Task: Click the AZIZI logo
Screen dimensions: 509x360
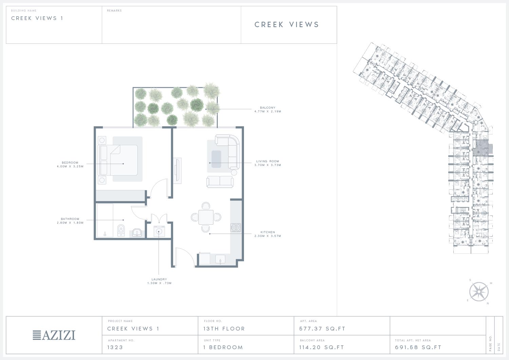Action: point(54,335)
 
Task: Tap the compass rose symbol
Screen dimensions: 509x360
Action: point(479,292)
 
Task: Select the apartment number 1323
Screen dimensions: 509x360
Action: point(115,347)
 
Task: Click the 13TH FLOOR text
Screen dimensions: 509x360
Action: point(224,329)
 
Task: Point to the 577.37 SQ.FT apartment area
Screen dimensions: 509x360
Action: point(322,329)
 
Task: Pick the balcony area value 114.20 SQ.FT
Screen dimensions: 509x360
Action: point(322,347)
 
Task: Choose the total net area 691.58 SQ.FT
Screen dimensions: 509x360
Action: point(418,347)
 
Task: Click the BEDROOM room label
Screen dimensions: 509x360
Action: point(70,163)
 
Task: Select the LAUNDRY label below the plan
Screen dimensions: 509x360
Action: point(159,279)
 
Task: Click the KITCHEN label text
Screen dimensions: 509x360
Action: point(268,232)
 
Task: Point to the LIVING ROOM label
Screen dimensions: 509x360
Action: point(268,161)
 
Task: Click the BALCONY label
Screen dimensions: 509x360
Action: point(268,108)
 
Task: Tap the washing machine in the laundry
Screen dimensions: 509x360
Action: point(159,231)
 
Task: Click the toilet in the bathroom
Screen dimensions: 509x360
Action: point(121,230)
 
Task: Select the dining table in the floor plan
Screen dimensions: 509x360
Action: point(206,217)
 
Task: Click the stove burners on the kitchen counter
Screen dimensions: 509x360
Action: point(235,227)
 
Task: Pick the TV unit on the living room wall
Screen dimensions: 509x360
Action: point(177,171)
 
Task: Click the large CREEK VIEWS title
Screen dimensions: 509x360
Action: point(287,24)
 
